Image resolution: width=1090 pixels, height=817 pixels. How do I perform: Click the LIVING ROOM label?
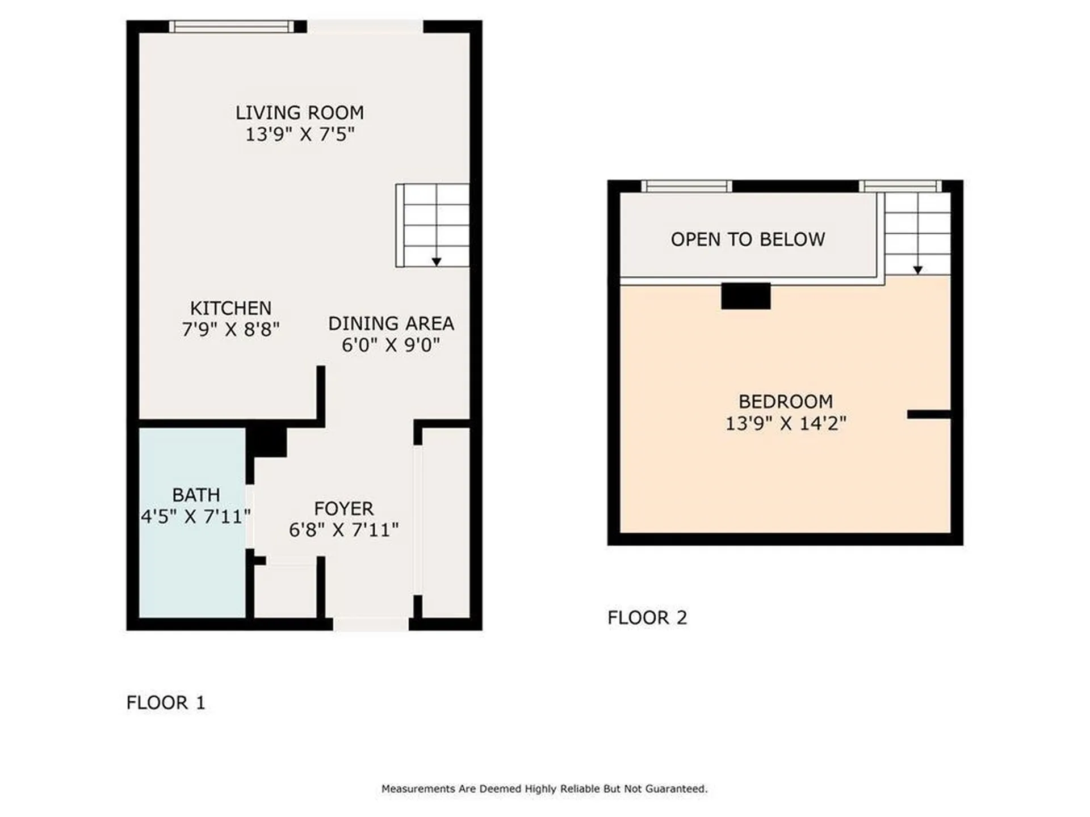click(300, 113)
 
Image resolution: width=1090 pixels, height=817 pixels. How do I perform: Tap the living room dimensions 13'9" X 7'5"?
click(300, 134)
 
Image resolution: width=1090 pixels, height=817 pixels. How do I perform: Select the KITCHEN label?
click(230, 308)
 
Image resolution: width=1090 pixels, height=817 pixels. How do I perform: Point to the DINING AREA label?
click(391, 323)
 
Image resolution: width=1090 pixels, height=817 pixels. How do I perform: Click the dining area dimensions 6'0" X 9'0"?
click(391, 345)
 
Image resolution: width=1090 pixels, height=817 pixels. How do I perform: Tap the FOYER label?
click(343, 508)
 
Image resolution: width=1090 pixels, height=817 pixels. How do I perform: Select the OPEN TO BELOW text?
click(748, 239)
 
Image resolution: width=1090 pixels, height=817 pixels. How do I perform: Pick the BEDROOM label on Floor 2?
click(786, 402)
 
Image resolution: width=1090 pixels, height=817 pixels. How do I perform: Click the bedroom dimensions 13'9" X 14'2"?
click(786, 423)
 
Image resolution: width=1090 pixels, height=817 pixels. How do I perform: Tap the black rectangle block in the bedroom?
click(745, 296)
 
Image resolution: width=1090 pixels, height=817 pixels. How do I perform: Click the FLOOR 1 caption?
click(165, 702)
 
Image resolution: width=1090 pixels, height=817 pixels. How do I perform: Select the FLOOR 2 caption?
click(647, 617)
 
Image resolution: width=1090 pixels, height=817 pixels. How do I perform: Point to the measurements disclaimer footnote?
click(544, 789)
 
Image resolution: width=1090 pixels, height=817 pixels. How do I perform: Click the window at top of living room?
click(232, 27)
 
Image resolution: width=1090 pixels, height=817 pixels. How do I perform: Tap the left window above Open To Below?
click(686, 186)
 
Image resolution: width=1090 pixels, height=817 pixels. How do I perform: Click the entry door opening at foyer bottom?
click(370, 624)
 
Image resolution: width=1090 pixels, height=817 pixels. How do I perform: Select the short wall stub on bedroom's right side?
click(928, 415)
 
